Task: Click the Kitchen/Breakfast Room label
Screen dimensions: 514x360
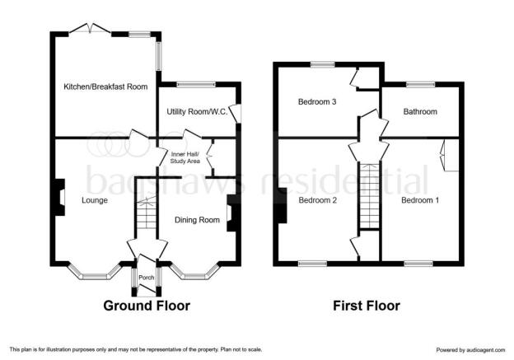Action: click(105, 86)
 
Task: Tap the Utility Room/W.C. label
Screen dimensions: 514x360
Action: click(197, 112)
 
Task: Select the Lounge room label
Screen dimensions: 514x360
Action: click(95, 200)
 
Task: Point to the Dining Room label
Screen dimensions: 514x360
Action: click(197, 220)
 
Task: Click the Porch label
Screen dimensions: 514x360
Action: click(146, 278)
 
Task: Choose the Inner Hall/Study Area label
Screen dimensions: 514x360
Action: click(185, 157)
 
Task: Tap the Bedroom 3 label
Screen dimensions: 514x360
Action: click(317, 102)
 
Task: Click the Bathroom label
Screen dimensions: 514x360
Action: click(420, 112)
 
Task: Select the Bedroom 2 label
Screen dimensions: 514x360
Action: click(318, 200)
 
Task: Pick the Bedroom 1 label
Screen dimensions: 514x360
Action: click(420, 200)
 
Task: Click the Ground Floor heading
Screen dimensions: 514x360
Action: click(147, 306)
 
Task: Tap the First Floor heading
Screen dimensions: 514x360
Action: click(367, 306)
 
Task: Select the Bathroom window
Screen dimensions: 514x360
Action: click(421, 85)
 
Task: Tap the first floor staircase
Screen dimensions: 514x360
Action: click(369, 195)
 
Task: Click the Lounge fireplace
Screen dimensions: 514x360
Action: click(58, 197)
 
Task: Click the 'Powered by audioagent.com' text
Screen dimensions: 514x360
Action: click(470, 350)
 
